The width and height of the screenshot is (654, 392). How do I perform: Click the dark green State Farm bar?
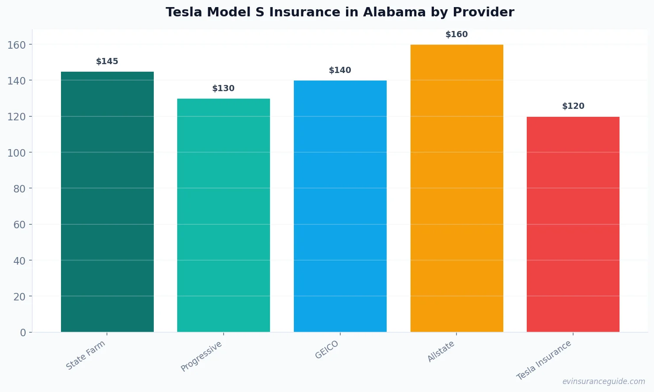coord(107,202)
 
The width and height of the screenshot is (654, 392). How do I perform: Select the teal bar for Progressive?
coord(224,215)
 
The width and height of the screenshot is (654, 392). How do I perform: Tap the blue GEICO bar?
coord(340,206)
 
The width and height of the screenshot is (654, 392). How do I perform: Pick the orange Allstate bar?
coord(456,188)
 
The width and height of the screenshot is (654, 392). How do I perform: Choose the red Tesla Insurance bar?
coord(573,224)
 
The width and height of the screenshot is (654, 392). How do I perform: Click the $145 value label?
coord(107,61)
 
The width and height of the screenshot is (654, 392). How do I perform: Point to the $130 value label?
coord(224,88)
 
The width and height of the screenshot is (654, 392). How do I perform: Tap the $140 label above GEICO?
coord(340,70)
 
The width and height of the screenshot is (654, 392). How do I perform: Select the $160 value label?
coord(456,35)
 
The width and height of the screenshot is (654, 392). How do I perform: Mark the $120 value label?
coord(573,106)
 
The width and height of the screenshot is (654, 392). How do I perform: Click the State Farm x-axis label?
coord(86,355)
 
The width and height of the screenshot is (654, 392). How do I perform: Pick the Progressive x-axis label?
coord(202,357)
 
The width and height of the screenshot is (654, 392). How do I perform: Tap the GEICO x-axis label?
coord(327,350)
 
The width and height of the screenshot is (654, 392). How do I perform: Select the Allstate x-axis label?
coord(441,352)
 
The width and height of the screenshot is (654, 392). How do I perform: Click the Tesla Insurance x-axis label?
coord(544,361)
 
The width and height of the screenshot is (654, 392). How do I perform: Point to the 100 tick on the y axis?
coord(16,153)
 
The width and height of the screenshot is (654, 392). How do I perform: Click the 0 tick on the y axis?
coord(23,333)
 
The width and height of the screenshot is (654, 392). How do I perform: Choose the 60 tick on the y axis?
coord(19,225)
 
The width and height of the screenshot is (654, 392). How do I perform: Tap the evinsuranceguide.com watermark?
coord(603,381)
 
